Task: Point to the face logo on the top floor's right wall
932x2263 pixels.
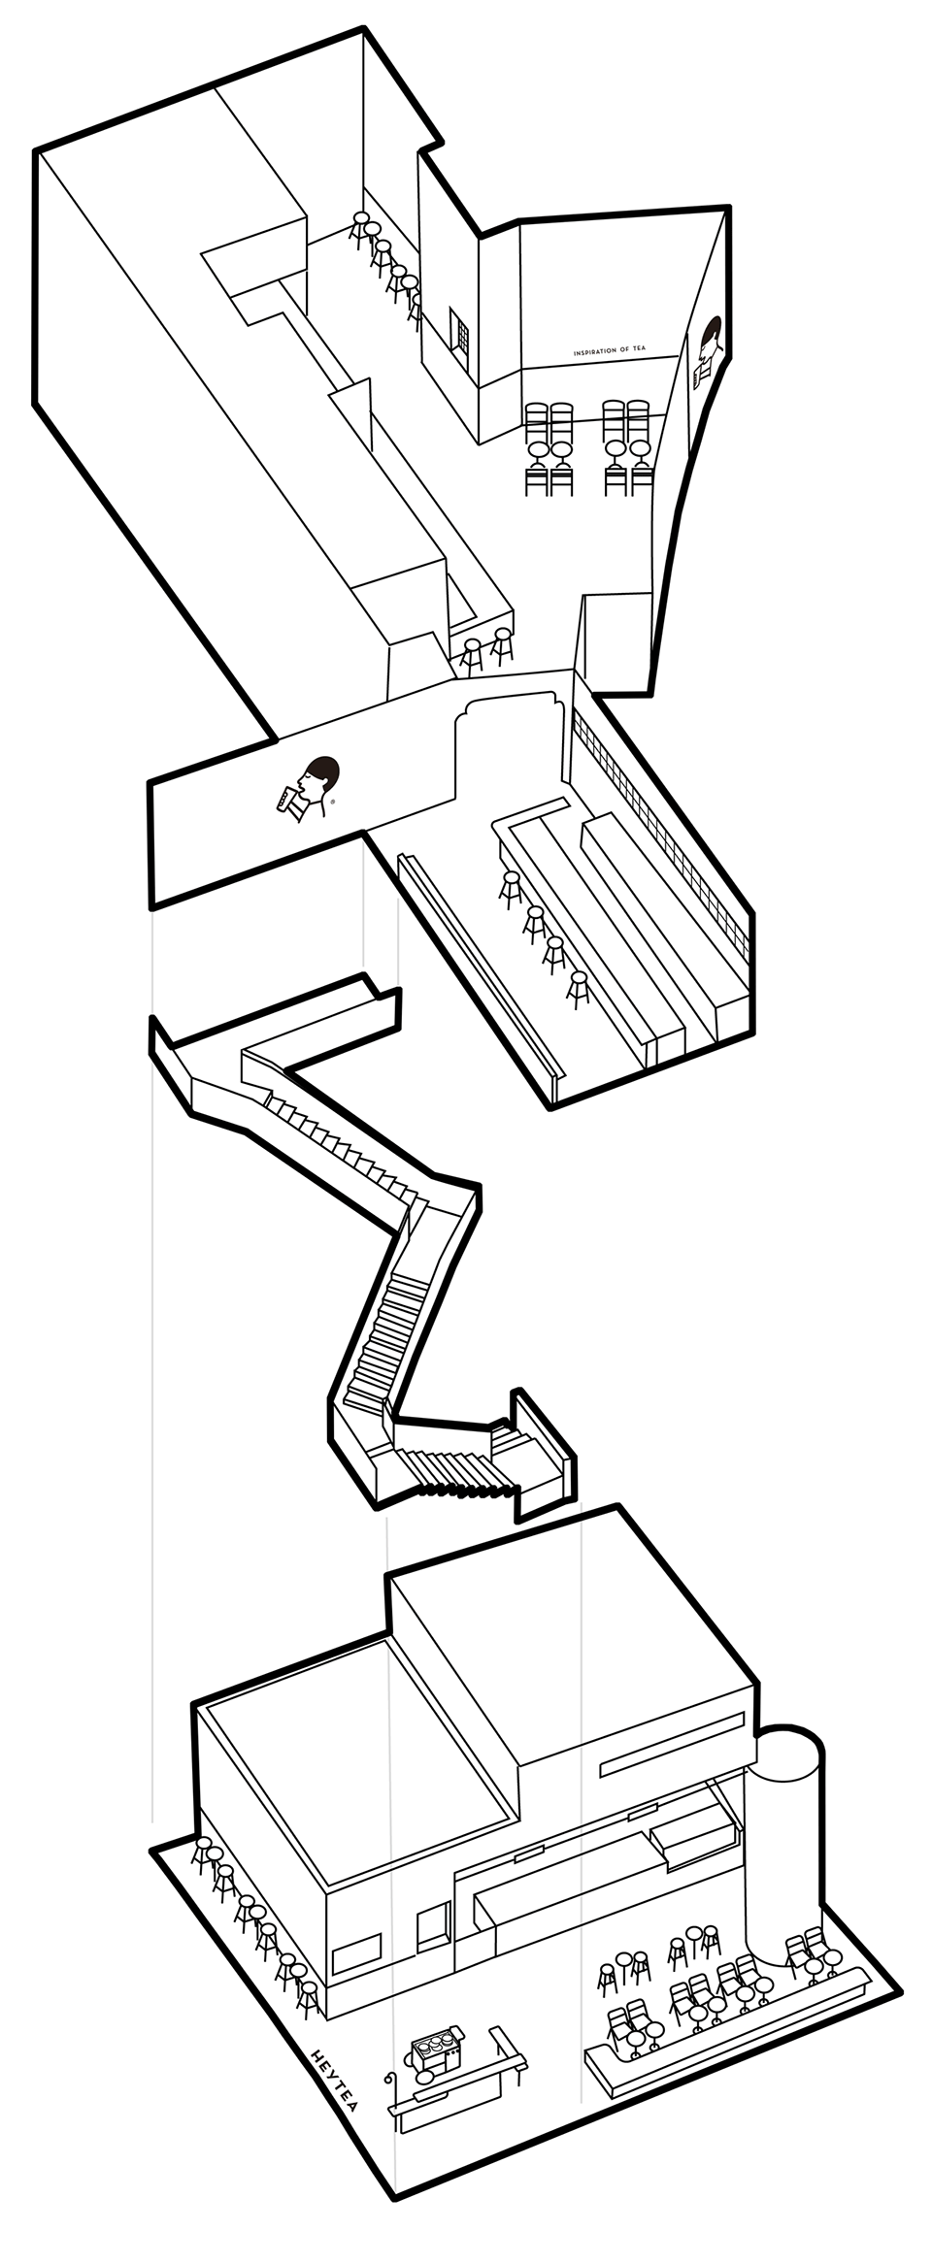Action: [710, 351]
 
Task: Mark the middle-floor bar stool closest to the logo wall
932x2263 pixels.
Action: [511, 889]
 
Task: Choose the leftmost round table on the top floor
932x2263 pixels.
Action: [536, 450]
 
